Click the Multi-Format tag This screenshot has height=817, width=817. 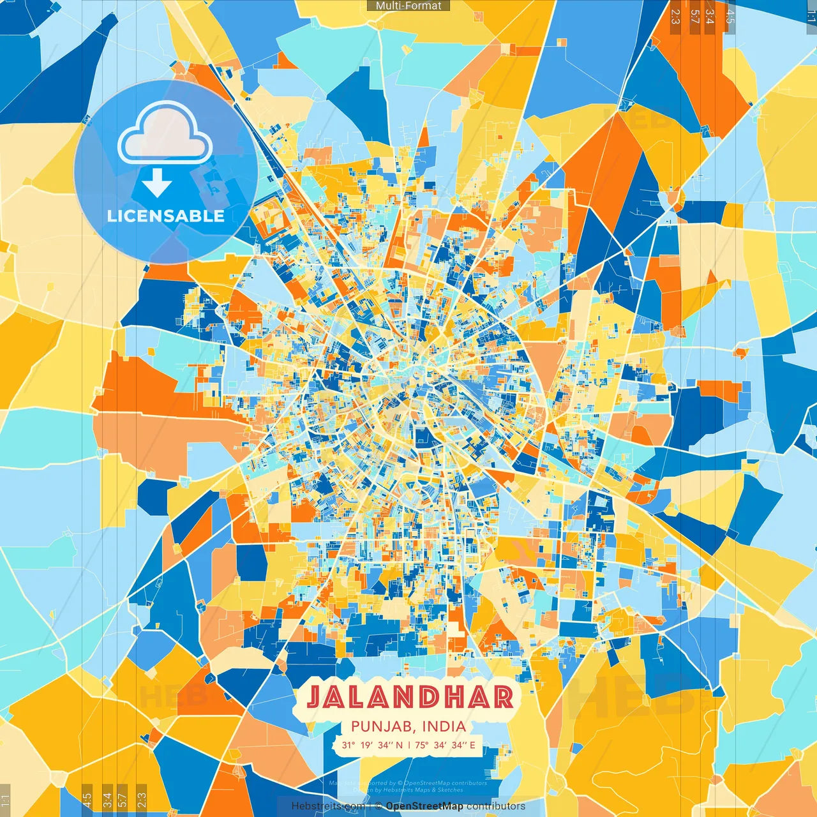click(408, 6)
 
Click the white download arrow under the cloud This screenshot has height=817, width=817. click(157, 183)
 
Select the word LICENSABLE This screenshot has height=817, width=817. click(166, 216)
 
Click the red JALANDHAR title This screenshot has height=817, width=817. click(410, 697)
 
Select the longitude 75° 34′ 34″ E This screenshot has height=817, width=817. click(445, 745)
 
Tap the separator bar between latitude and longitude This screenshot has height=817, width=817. click(408, 745)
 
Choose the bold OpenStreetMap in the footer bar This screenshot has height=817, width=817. click(424, 806)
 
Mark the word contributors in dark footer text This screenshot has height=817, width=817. click(496, 806)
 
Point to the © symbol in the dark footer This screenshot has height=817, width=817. click(378, 806)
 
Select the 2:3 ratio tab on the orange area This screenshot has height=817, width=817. click(675, 17)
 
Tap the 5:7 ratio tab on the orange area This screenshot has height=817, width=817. click(694, 17)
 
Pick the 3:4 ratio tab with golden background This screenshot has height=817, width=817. click(107, 798)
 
